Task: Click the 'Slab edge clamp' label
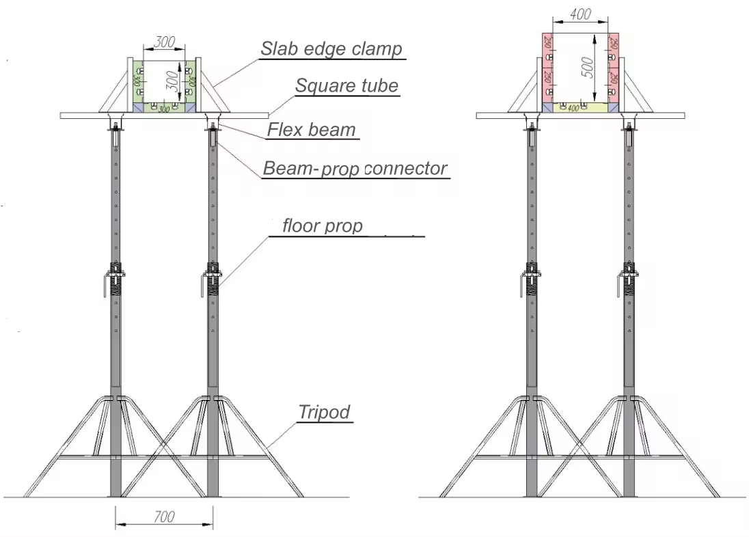[331, 49]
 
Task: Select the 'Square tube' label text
[346, 86]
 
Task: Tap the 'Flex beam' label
[312, 129]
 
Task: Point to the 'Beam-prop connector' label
[355, 169]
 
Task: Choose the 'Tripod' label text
[324, 412]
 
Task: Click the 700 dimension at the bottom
[164, 517]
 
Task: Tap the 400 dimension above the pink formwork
[580, 14]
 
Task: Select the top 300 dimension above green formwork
[164, 42]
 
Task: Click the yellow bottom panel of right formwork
[580, 107]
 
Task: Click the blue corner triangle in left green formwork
[137, 107]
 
